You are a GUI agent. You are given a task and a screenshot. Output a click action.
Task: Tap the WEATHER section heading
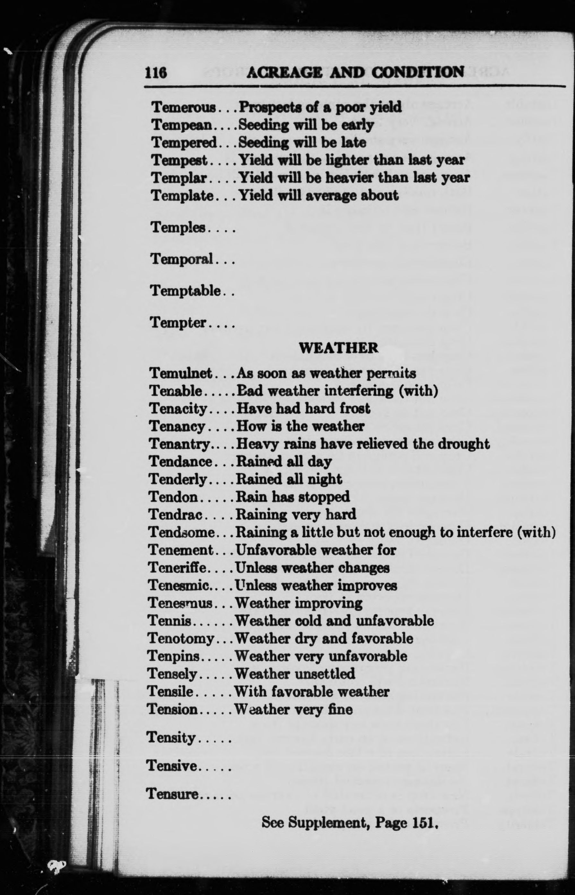pos(338,348)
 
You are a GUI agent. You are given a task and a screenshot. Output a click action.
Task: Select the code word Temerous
pos(184,108)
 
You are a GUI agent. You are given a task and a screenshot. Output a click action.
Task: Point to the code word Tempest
pos(179,160)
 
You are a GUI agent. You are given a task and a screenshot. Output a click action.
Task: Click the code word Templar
pos(179,178)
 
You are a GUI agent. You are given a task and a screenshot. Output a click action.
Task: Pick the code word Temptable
pos(186,291)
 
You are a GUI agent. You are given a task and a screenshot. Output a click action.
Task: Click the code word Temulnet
pos(181,373)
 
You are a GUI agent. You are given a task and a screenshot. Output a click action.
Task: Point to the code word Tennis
pos(170,621)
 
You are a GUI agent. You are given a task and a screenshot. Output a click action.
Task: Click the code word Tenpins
pos(172,656)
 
